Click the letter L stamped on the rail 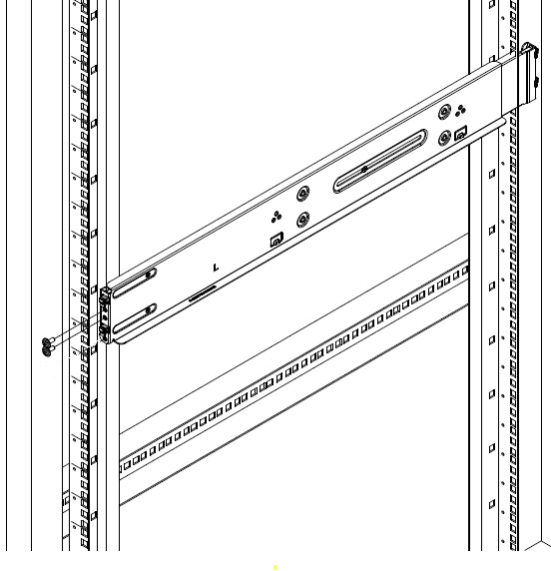click(216, 269)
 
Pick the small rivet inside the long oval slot click(364, 169)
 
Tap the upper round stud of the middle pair click(303, 194)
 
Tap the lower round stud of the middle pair click(303, 219)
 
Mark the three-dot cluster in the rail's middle click(277, 216)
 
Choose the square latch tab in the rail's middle click(276, 239)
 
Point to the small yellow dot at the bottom click(275, 567)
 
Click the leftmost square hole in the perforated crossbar click(125, 466)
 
